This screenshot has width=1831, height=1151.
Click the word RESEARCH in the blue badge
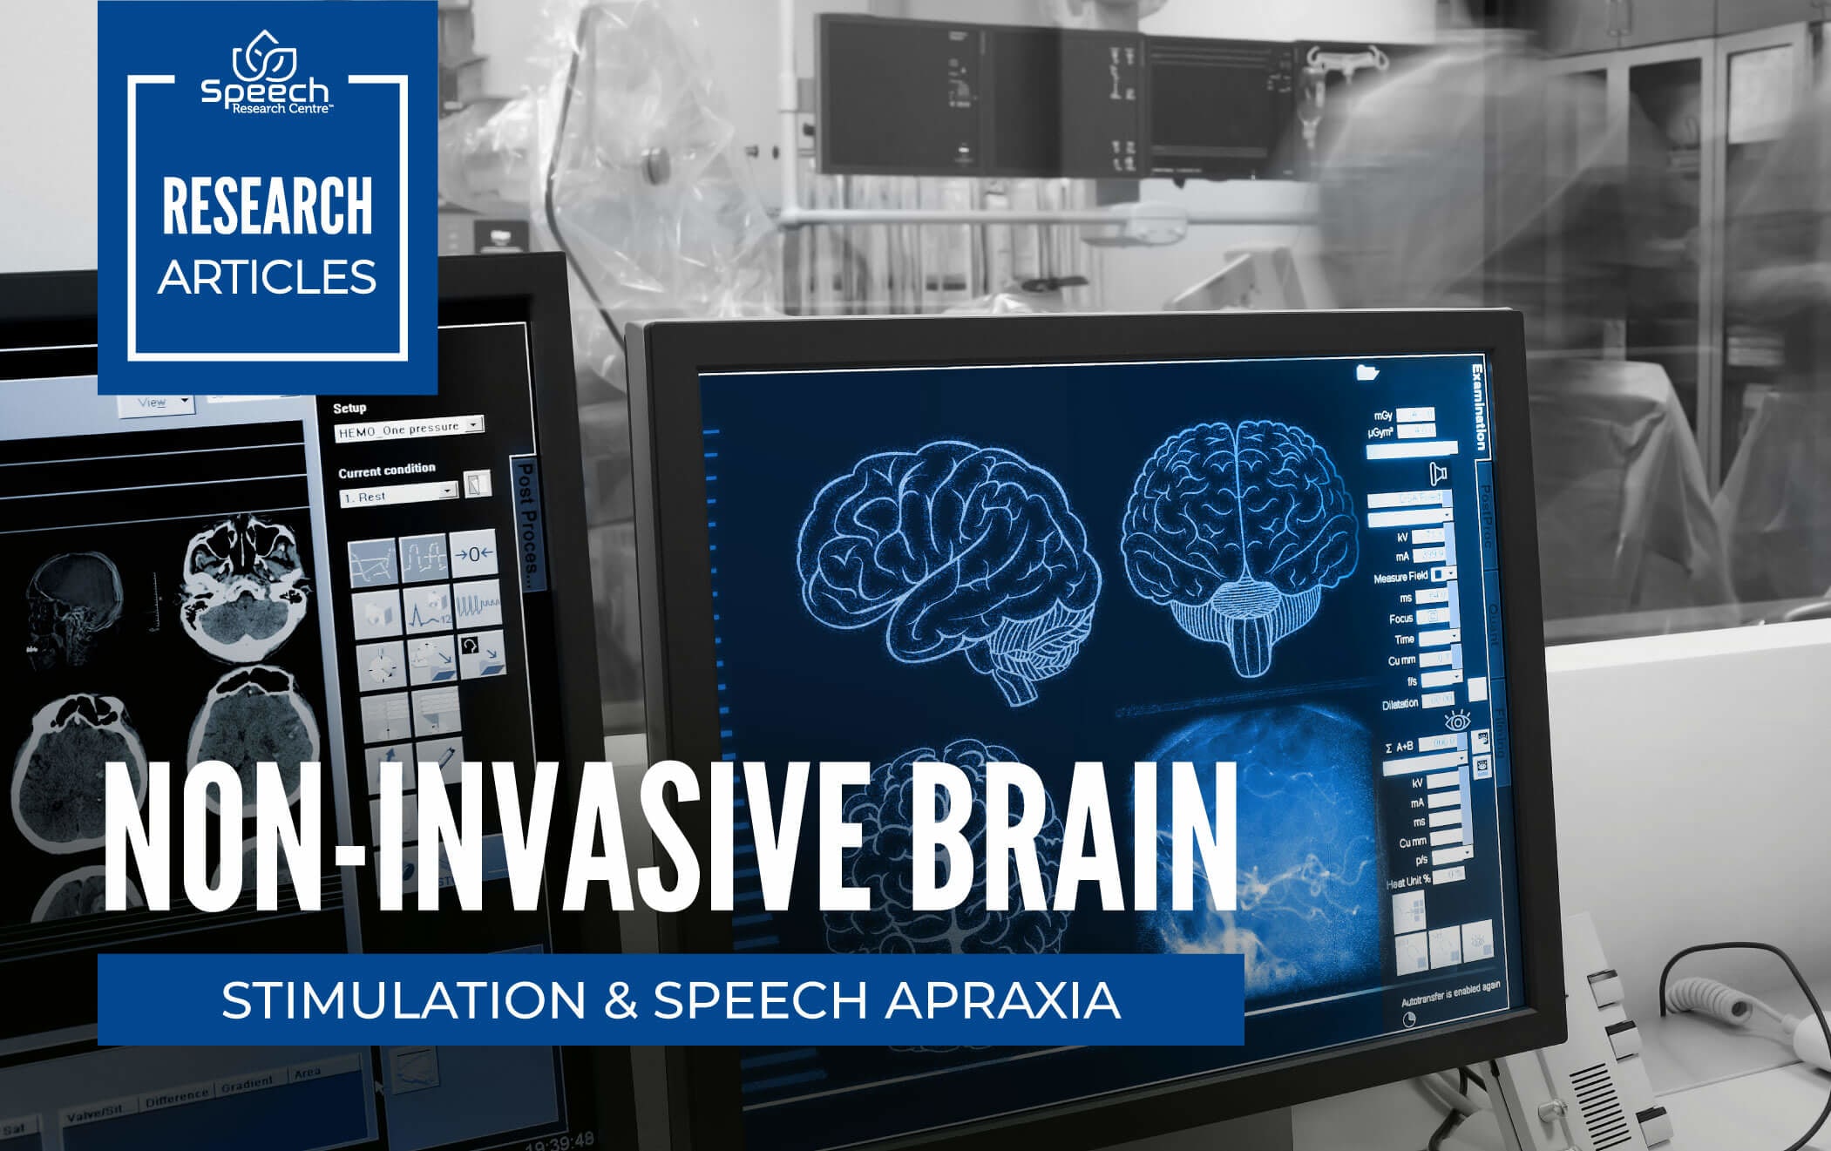click(x=267, y=206)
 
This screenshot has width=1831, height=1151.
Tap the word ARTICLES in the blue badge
click(x=267, y=277)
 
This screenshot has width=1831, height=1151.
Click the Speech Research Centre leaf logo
click(x=265, y=54)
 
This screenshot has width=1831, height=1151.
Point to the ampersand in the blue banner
click(x=620, y=1000)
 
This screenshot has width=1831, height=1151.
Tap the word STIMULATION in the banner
click(x=403, y=1000)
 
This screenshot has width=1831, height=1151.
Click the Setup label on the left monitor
click(x=349, y=408)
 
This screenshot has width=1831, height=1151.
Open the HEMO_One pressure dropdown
click(x=409, y=428)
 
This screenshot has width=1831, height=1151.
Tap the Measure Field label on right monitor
click(x=1400, y=578)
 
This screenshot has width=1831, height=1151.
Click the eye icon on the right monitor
click(x=1457, y=721)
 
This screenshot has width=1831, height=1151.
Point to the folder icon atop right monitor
click(x=1367, y=373)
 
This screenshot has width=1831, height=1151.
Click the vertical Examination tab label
click(x=1479, y=408)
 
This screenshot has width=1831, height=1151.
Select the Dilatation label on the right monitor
click(x=1400, y=704)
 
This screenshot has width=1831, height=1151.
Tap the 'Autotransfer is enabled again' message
click(x=1450, y=993)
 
